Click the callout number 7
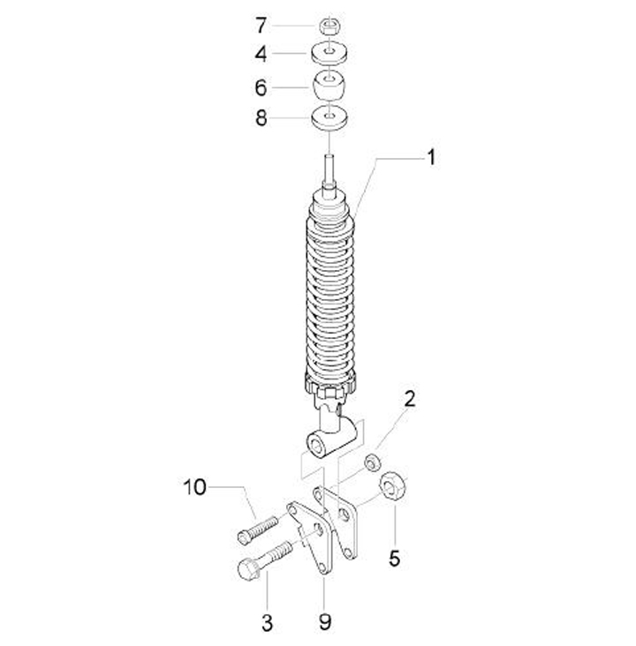(x=261, y=26)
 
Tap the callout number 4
(x=261, y=54)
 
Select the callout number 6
(x=261, y=87)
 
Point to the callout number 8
(x=261, y=118)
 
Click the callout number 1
(x=431, y=157)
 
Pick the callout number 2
(x=409, y=399)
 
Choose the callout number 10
(x=194, y=487)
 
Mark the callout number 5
(x=394, y=559)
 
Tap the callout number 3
(x=268, y=622)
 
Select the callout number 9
(x=325, y=622)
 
